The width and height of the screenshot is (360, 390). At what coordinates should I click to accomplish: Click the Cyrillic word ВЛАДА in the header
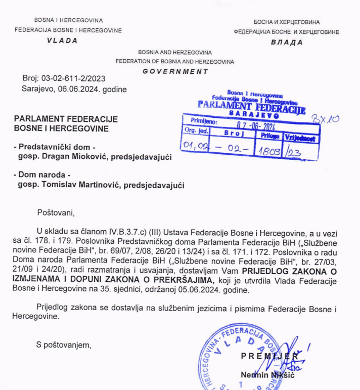[286, 42]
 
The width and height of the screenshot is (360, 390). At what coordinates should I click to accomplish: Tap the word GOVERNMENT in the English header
[175, 71]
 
